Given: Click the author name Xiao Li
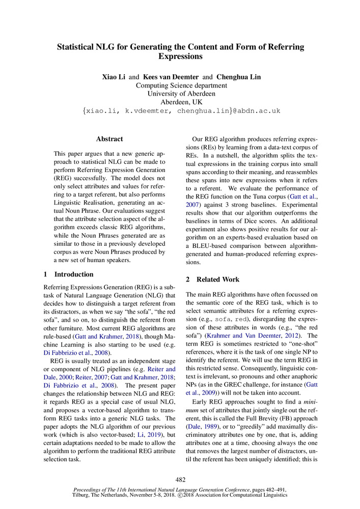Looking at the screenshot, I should (114, 77).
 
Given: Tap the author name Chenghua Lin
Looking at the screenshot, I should (238, 77).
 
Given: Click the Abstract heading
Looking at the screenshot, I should (109, 138).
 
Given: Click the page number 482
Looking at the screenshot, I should (180, 479).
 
